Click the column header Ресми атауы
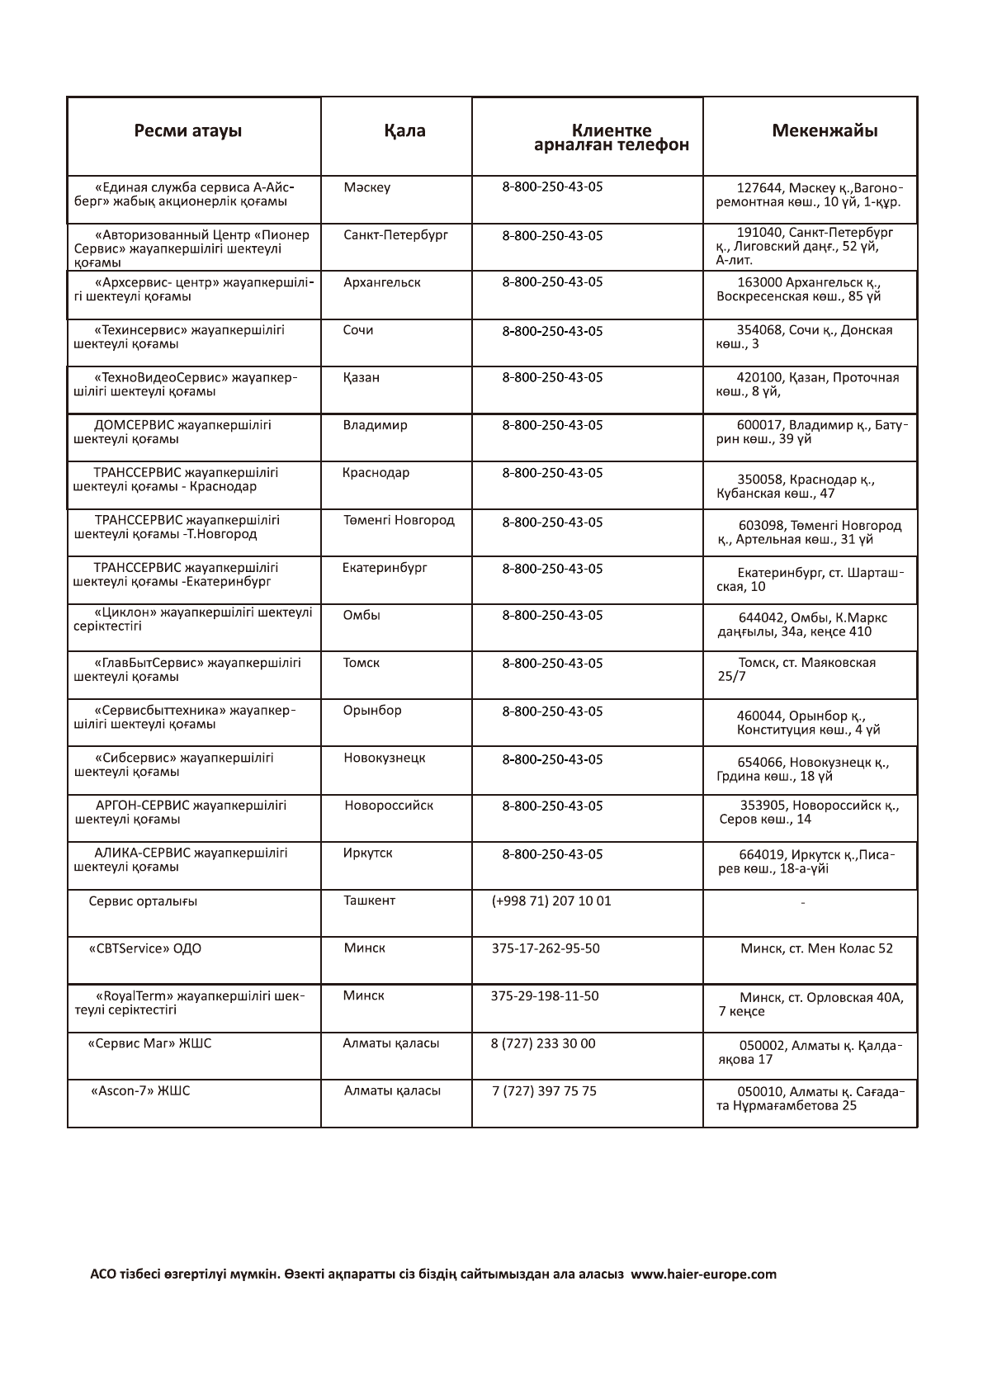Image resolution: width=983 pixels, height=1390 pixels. tap(188, 131)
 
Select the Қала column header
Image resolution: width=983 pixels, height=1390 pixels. tap(404, 131)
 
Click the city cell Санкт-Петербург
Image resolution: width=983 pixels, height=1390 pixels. tap(395, 235)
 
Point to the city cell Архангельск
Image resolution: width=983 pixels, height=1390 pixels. tap(381, 282)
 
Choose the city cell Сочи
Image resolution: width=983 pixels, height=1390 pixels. tap(358, 330)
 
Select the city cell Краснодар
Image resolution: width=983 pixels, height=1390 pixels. tap(376, 473)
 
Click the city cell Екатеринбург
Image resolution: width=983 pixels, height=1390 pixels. tap(385, 568)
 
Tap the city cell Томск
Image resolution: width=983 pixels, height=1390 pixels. tap(362, 663)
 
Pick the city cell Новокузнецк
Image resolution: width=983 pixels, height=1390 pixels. tap(385, 758)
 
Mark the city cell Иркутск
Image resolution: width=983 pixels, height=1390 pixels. tap(367, 853)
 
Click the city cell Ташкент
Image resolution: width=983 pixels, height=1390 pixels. tap(369, 901)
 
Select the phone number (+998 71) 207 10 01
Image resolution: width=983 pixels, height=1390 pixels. tap(551, 901)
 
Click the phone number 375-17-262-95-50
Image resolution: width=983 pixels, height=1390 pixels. tap(546, 948)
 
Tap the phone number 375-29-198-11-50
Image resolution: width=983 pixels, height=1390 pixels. tap(545, 996)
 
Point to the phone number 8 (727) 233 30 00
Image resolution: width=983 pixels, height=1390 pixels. tap(543, 1043)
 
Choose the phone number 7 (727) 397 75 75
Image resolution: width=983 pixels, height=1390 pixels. tap(544, 1091)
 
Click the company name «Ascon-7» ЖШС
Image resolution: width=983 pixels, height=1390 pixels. tap(140, 1091)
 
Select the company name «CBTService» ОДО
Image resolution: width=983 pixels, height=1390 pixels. tap(145, 948)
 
